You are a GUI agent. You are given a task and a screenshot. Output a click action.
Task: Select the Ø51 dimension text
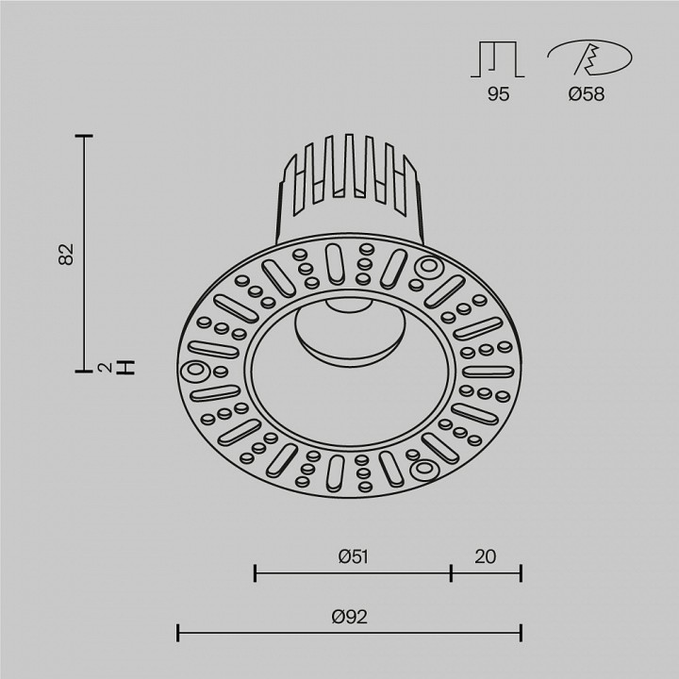(352, 556)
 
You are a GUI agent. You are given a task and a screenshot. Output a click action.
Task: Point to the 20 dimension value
(486, 556)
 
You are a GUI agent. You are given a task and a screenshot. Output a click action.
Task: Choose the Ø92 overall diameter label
(349, 617)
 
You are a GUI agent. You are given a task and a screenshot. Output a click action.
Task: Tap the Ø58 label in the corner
(588, 93)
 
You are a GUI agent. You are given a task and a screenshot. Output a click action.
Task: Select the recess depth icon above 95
(497, 58)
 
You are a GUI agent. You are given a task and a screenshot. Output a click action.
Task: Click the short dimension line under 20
(486, 571)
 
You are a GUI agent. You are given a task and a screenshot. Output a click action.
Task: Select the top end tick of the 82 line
(87, 137)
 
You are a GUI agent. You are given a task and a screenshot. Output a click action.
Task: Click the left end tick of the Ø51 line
(256, 571)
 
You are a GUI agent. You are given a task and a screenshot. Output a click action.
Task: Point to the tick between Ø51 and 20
(451, 571)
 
